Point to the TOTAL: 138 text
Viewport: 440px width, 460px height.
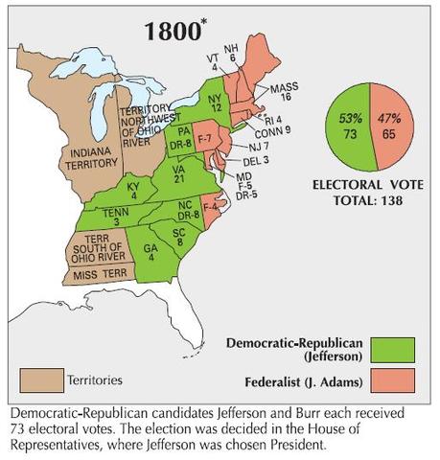pyautogui.click(x=362, y=202)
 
